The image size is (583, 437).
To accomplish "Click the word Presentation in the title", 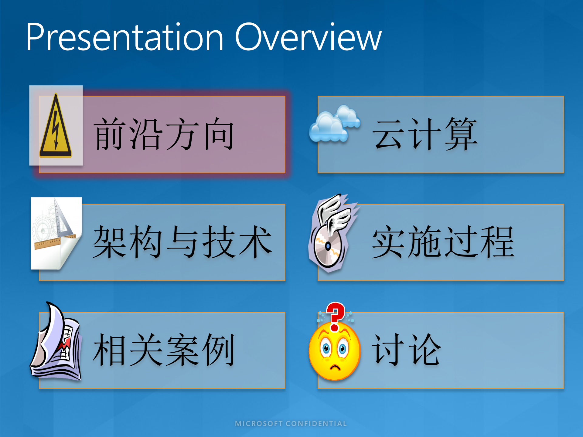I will [x=124, y=38].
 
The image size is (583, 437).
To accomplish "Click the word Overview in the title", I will [x=308, y=38].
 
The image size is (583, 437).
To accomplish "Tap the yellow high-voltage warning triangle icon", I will [x=56, y=127].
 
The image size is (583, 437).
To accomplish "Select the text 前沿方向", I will [x=164, y=134].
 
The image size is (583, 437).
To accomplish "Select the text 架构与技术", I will [x=182, y=242].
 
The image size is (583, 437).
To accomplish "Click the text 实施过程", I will [x=443, y=242].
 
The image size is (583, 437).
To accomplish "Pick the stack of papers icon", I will [x=56, y=344].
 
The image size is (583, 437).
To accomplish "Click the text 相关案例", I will [x=164, y=350].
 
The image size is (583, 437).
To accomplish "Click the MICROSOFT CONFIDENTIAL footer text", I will [x=291, y=424].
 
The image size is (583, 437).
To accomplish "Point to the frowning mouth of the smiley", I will [x=335, y=368].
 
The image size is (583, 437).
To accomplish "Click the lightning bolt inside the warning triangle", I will [x=56, y=130].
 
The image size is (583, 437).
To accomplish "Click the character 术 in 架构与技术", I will [x=255, y=242].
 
